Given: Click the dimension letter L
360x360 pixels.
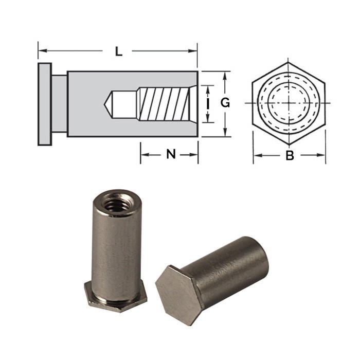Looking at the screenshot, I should pyautogui.click(x=118, y=51).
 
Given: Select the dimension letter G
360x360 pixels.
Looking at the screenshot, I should pyautogui.click(x=225, y=103).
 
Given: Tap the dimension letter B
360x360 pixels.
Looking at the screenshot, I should pyautogui.click(x=290, y=156).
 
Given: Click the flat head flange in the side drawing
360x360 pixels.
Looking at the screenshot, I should pyautogui.click(x=44, y=103).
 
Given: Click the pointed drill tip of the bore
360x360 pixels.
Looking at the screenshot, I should pyautogui.click(x=109, y=103).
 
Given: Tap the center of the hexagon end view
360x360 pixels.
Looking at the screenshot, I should pyautogui.click(x=289, y=103).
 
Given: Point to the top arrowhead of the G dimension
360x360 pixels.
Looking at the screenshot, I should pyautogui.click(x=225, y=74).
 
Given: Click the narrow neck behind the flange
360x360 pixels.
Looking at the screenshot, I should pyautogui.click(x=59, y=103).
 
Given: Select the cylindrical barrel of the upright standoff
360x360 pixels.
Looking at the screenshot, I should pyautogui.click(x=115, y=242).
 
